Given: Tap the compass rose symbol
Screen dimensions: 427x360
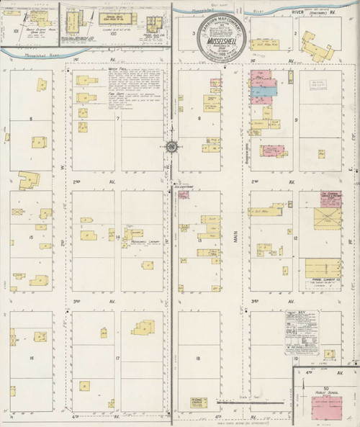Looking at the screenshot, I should point(171,147).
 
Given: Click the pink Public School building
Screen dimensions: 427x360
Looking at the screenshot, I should point(326,406).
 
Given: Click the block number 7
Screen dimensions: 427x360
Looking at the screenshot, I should point(117,118).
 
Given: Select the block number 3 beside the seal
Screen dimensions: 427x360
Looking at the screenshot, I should point(193,33).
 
